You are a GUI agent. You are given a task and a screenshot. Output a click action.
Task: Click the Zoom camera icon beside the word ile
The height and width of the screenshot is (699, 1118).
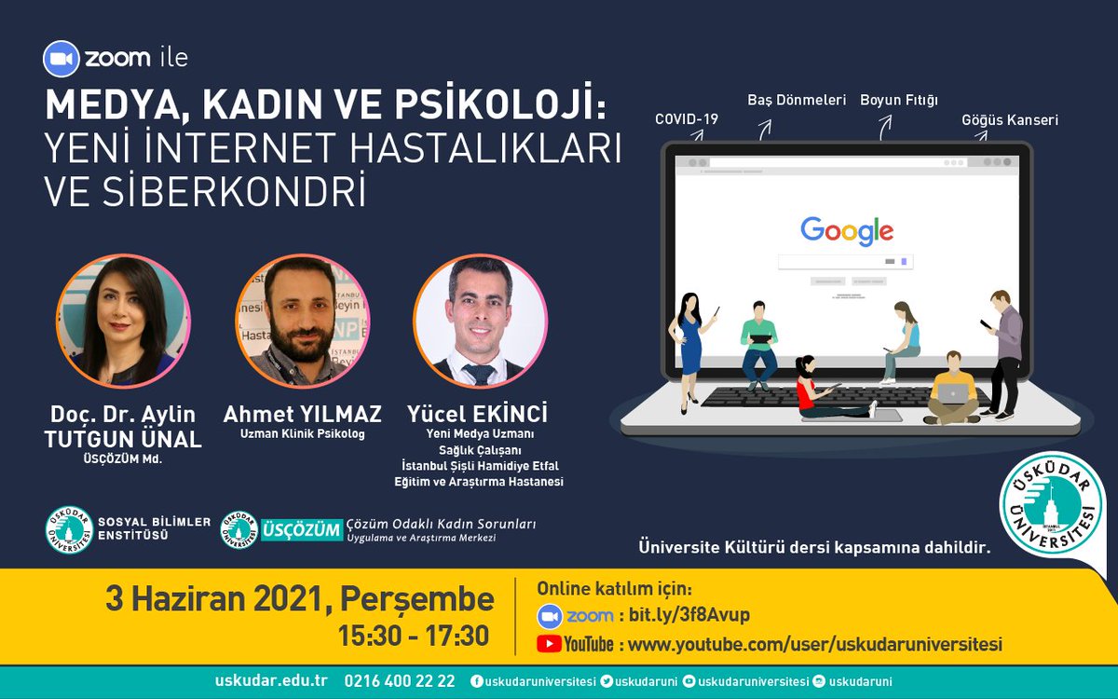61,59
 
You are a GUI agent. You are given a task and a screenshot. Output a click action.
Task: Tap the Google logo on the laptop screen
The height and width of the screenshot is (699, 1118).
846,230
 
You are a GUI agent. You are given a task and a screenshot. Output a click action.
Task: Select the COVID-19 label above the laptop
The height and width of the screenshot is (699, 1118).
686,119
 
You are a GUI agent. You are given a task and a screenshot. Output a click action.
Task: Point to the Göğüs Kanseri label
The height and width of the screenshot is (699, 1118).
1010,120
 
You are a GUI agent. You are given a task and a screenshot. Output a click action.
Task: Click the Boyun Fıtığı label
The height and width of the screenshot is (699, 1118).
898,100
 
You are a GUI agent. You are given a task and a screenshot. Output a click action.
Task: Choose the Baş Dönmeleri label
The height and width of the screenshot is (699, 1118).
797,100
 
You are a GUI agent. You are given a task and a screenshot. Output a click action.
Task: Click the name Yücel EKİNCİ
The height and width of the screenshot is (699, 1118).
478,414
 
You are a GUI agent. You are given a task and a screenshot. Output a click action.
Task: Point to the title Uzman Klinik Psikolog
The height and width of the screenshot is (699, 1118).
303,434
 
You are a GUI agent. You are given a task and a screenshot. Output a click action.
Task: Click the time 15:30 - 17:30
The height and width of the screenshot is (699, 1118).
414,636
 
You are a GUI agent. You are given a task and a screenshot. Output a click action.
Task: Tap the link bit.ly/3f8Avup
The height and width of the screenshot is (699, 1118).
690,616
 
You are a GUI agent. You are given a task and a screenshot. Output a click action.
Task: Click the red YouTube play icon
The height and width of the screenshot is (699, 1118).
549,644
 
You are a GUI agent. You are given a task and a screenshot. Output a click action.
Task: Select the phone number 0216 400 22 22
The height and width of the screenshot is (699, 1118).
400,681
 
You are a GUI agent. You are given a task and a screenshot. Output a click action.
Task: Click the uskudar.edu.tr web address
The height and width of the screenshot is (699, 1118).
270,681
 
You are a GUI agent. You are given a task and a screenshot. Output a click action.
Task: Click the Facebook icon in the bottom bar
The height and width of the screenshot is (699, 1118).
476,682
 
